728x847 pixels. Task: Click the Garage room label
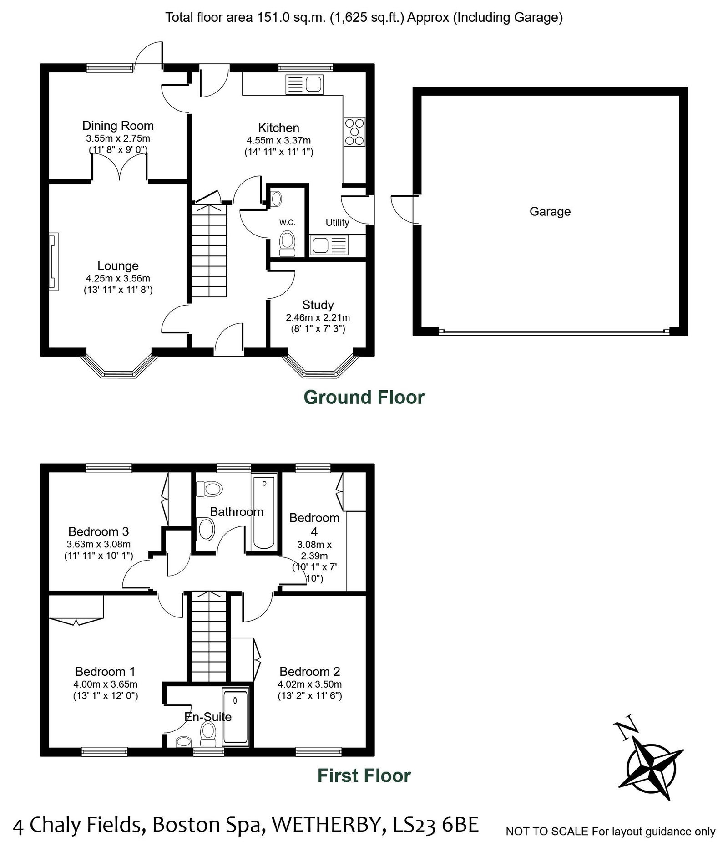coord(550,211)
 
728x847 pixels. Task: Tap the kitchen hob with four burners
coord(354,132)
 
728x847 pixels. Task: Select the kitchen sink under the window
coord(304,85)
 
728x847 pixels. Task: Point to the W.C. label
coord(287,222)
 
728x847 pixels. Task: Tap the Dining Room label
coord(118,126)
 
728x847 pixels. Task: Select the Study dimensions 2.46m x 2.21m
coord(318,317)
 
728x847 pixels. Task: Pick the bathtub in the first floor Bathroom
coord(264,512)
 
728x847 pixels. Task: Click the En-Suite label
coord(208,717)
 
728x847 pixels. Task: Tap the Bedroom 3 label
coord(98,531)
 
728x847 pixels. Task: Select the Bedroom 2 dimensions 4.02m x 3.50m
coord(309,684)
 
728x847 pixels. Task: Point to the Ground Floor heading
coord(364,397)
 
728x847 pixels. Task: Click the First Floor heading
coord(364,776)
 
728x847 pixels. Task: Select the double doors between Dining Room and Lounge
coord(120,167)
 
